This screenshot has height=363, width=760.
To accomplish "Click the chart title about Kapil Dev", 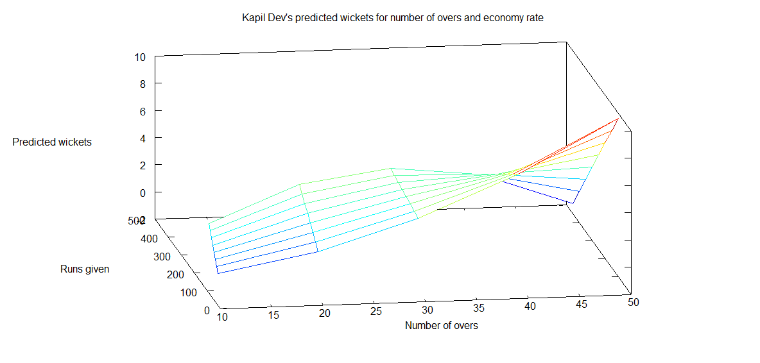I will click(392, 18).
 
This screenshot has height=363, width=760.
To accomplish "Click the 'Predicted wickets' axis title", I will click(52, 142).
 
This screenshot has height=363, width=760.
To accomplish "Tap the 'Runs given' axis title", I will click(85, 269).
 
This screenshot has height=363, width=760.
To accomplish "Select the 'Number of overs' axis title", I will click(441, 326).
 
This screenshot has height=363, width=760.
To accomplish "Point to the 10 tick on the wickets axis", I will click(140, 57).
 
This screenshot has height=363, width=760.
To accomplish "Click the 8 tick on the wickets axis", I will click(142, 84).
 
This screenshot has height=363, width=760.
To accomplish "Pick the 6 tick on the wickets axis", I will click(142, 111).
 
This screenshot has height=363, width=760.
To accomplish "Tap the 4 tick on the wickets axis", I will click(142, 138).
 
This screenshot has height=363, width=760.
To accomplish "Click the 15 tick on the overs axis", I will click(273, 315).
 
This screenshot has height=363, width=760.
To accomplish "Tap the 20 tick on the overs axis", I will click(325, 313).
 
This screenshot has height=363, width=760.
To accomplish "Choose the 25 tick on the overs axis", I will click(376, 311).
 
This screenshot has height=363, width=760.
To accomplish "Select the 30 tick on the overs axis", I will click(427, 309).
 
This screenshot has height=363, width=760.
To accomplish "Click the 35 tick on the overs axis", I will click(479, 307).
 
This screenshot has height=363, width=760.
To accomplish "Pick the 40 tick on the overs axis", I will click(530, 306).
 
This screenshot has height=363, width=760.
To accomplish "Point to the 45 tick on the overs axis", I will click(582, 304).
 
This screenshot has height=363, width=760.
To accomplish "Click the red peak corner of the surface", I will click(618, 119).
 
